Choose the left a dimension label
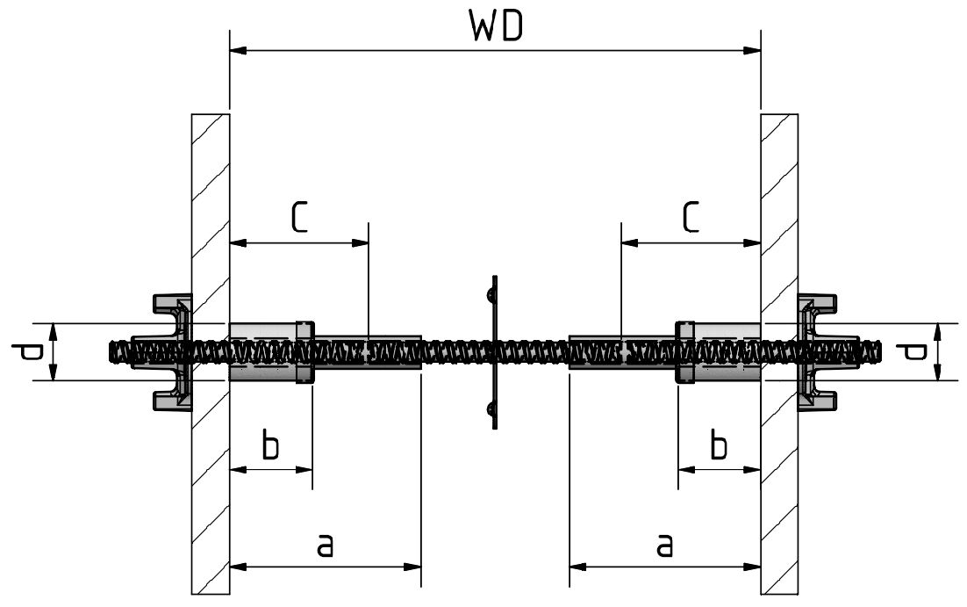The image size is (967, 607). pyautogui.click(x=325, y=545)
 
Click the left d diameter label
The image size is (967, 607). pyautogui.click(x=26, y=352)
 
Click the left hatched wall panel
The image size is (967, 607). pyautogui.click(x=211, y=354)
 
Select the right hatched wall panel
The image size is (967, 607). pyautogui.click(x=779, y=354)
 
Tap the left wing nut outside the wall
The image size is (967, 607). pyautogui.click(x=166, y=352)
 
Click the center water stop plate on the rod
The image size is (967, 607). pyautogui.click(x=494, y=352)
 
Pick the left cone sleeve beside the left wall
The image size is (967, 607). pyautogui.click(x=272, y=352)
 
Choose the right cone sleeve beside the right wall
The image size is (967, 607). pyautogui.click(x=718, y=352)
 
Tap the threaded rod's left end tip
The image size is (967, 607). pyautogui.click(x=109, y=352)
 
